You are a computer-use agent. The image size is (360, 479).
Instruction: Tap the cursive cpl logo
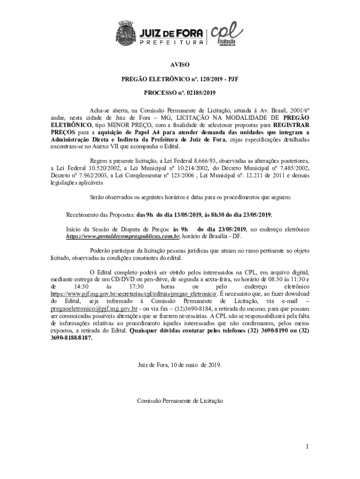point(227,33)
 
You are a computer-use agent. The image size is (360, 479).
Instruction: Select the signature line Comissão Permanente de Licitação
point(180,401)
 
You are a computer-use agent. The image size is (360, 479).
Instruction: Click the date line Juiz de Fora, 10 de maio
point(180,364)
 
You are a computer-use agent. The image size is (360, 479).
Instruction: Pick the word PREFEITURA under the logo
point(171,42)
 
